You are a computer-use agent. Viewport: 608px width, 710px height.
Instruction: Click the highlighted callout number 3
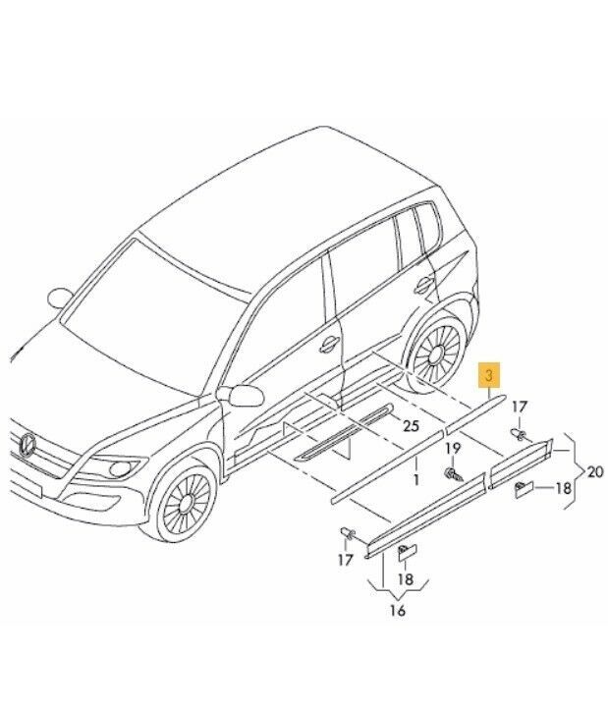[489, 375]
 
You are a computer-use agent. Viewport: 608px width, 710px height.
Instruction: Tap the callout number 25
[411, 425]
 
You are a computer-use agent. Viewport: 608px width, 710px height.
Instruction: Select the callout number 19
[452, 448]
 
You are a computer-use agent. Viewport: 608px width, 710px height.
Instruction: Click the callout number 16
[398, 611]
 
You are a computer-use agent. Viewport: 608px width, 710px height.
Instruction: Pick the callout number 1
[415, 479]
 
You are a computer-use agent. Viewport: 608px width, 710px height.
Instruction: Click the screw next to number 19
[453, 473]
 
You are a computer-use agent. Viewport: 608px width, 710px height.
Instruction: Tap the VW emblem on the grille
[28, 443]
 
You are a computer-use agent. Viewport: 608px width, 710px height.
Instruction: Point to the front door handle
[328, 345]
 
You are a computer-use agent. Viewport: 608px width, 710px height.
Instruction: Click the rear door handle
[423, 285]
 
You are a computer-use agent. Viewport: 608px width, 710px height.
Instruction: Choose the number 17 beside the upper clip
[520, 407]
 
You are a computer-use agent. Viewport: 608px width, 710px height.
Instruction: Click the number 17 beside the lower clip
[345, 560]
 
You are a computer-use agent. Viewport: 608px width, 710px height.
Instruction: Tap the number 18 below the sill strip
[406, 578]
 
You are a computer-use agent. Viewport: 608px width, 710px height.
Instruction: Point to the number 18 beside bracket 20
[563, 489]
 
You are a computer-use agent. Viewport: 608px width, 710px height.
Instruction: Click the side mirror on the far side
[60, 298]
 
